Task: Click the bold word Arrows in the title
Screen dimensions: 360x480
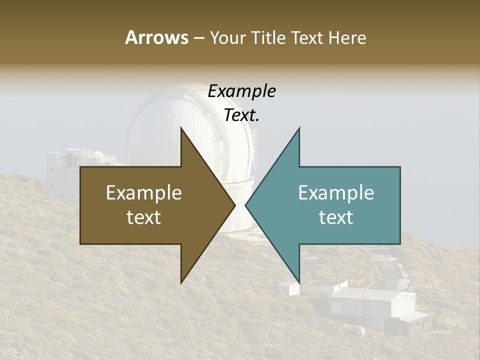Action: (157, 37)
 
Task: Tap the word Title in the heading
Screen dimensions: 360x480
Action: (268, 37)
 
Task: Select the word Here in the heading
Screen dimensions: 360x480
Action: (347, 37)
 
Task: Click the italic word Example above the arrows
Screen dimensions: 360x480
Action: (241, 91)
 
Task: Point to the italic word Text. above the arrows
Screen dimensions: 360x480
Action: (241, 115)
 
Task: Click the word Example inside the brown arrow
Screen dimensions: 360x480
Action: (144, 193)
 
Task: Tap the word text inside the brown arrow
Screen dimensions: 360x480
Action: (144, 217)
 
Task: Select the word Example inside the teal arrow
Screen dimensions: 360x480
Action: (336, 193)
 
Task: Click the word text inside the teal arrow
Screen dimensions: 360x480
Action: (336, 217)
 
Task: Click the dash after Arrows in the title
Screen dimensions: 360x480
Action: (198, 38)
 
